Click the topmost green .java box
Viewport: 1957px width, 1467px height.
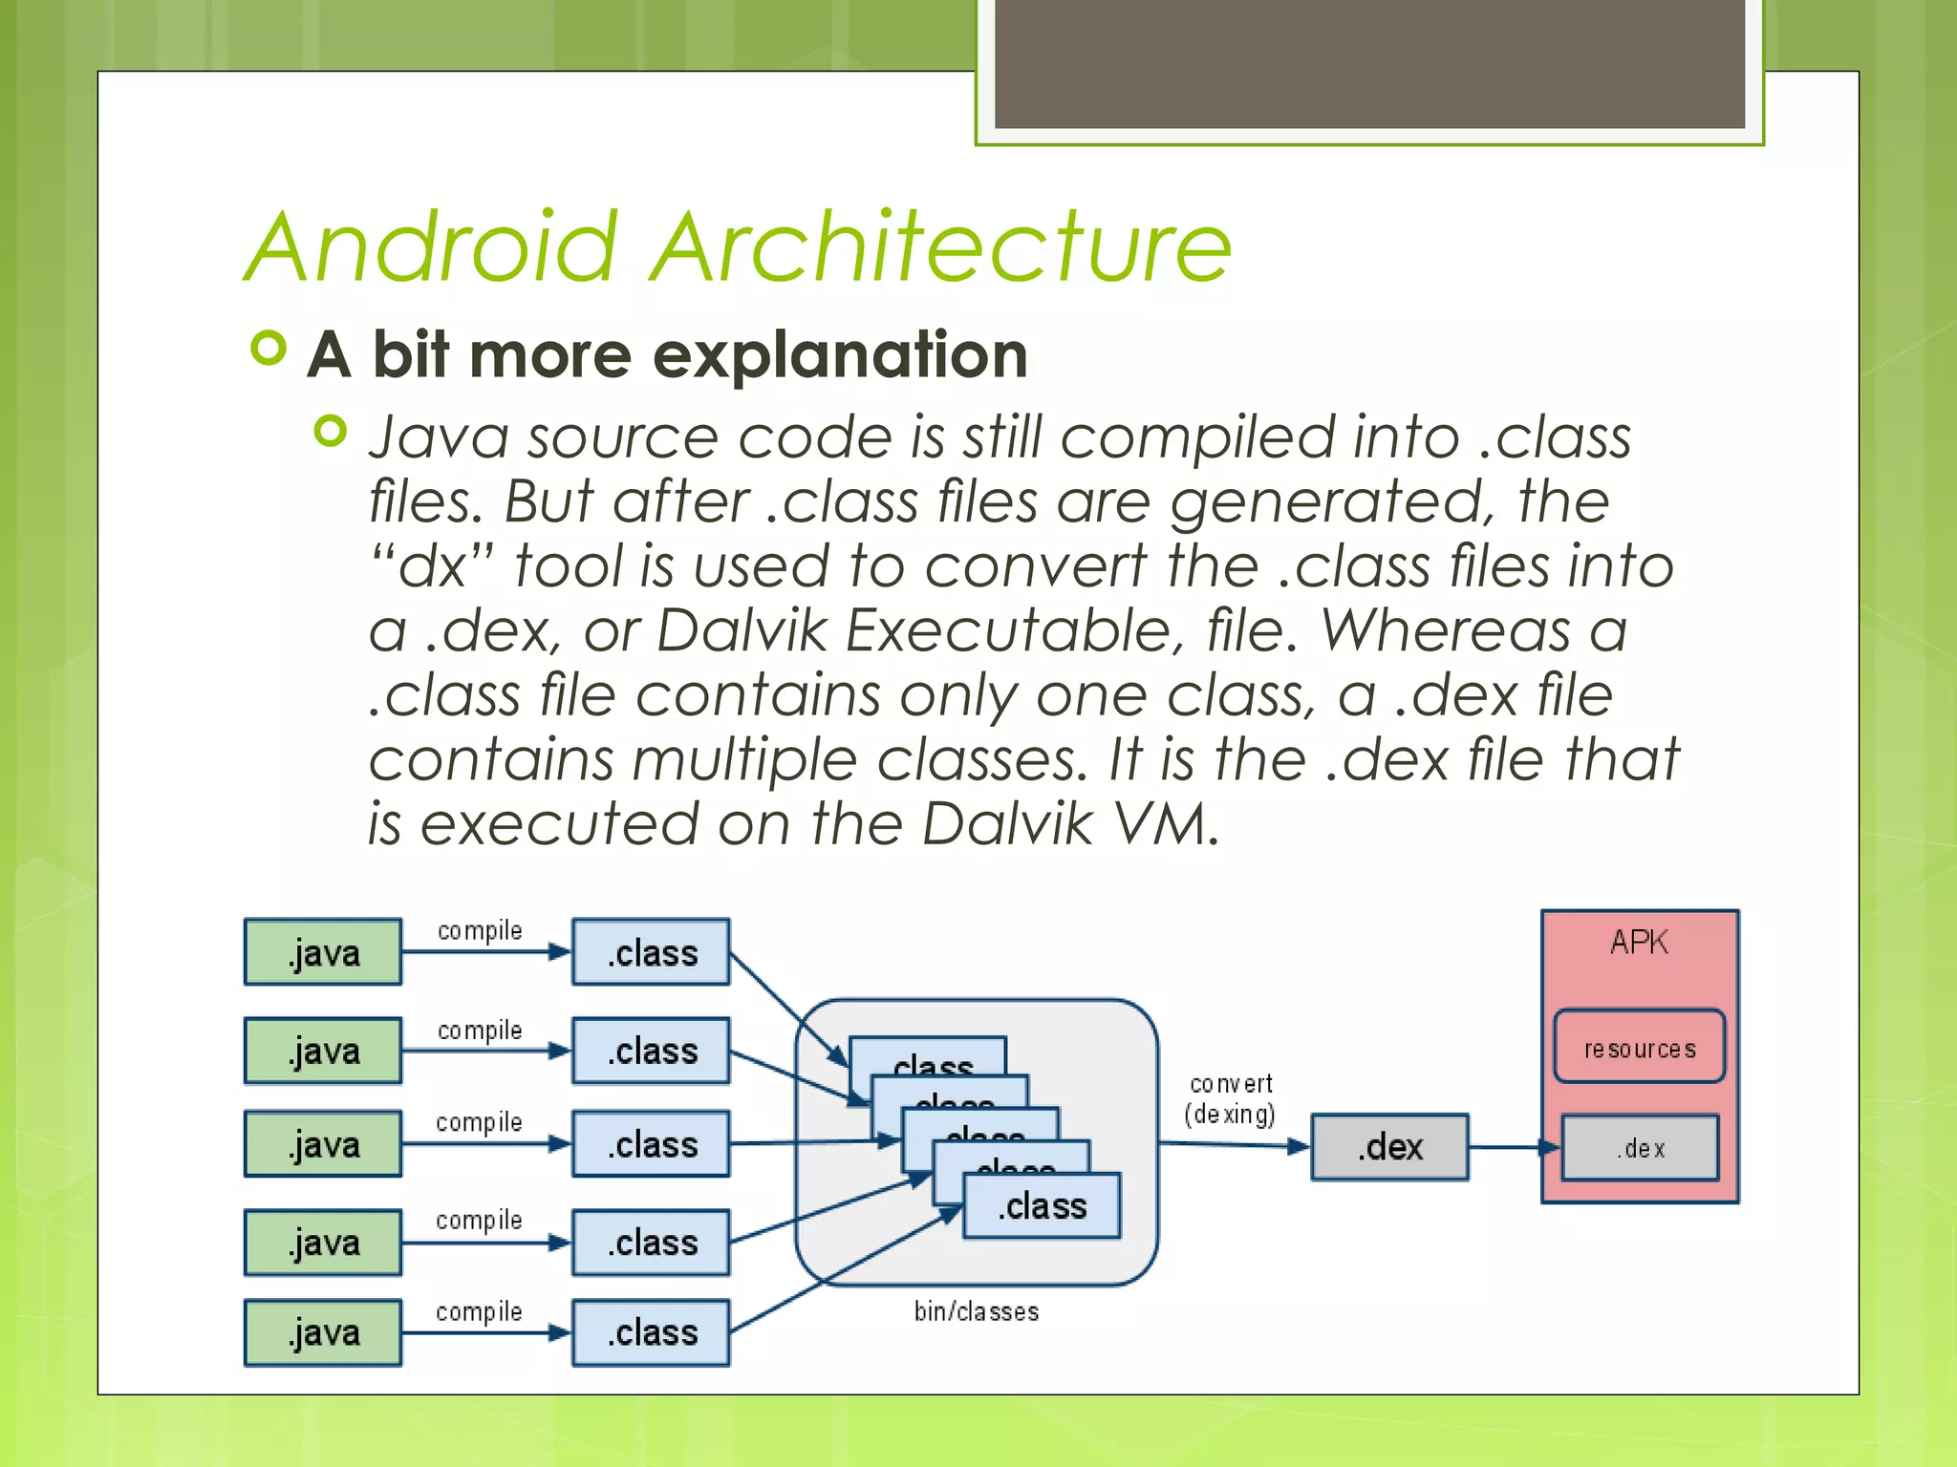[323, 952]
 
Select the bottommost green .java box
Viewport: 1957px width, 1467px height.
[323, 1332]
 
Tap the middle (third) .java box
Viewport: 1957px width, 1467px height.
[323, 1143]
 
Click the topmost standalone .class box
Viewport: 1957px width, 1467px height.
[652, 952]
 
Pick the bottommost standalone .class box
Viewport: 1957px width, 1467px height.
[652, 1332]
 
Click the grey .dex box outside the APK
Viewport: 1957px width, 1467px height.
[1389, 1147]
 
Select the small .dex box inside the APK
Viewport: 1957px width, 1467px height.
[1640, 1148]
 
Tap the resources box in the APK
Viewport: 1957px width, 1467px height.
[1640, 1048]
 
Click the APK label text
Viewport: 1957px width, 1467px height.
[1639, 943]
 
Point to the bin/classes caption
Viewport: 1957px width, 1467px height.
[976, 1311]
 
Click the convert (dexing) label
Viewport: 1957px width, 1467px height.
[1231, 1099]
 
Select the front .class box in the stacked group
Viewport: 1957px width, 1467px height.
[1042, 1206]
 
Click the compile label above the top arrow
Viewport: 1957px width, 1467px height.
[480, 930]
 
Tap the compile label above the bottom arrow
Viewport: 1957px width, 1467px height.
[479, 1311]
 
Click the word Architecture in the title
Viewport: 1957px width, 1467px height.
[941, 247]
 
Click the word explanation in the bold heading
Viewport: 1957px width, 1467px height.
[840, 354]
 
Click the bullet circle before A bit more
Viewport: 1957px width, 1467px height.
[269, 348]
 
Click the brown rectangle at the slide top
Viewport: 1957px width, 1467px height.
[1369, 63]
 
